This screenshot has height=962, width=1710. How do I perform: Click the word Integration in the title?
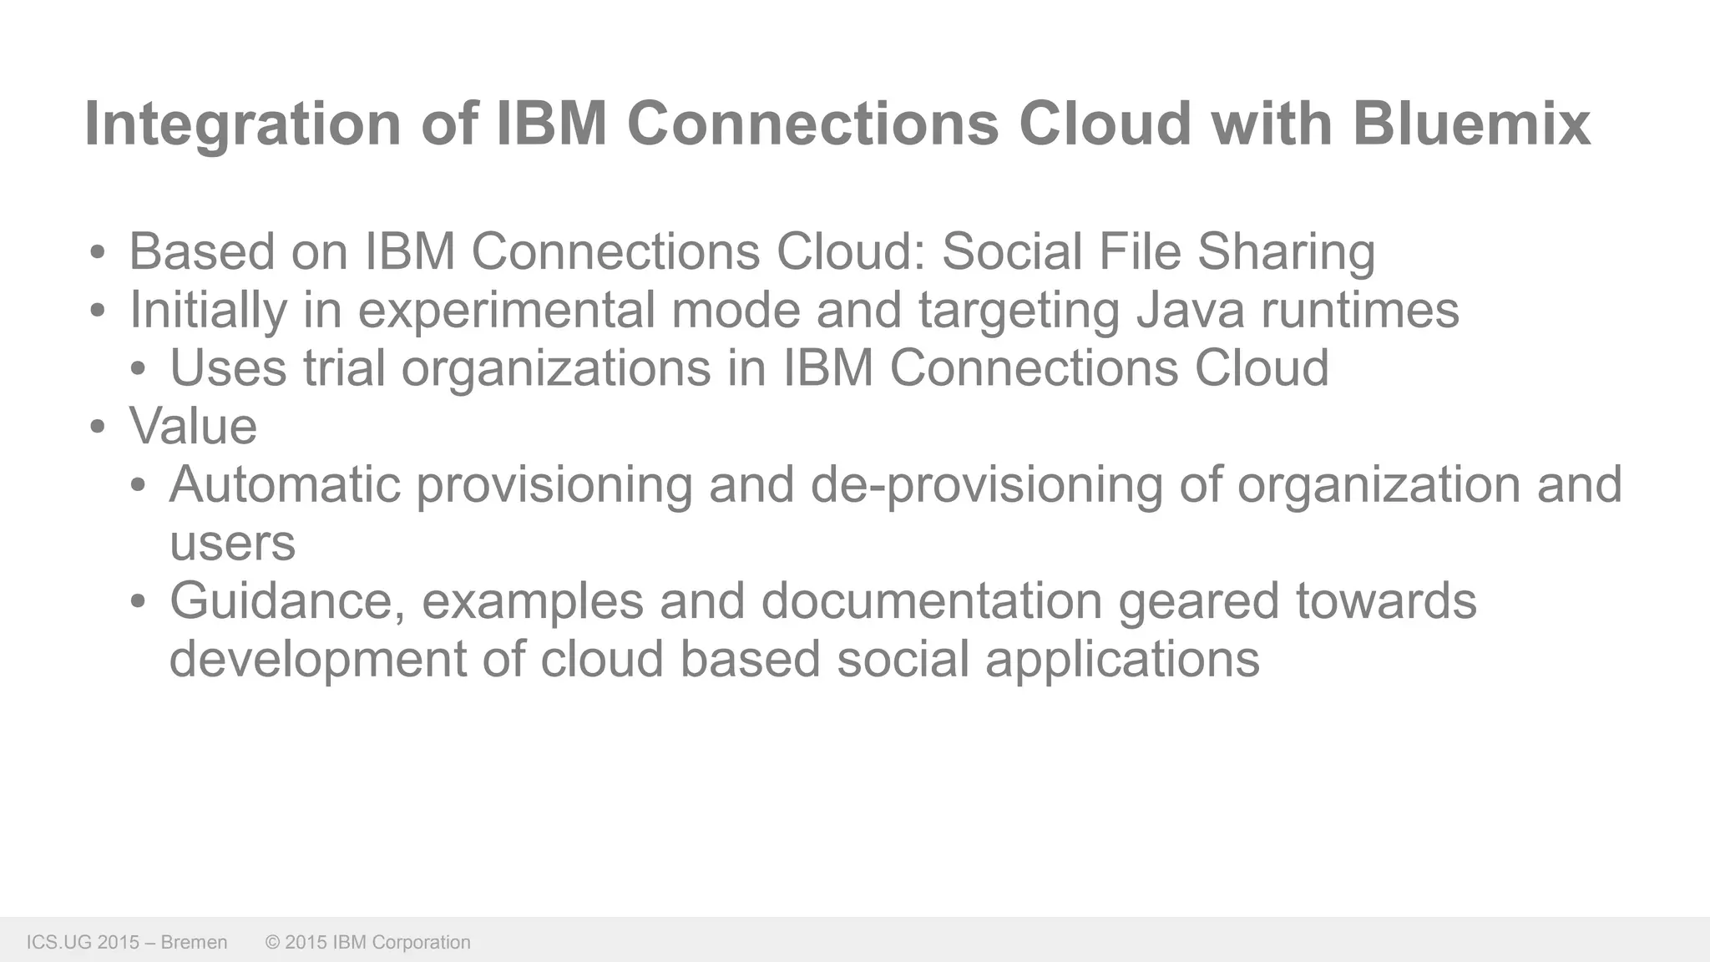(243, 124)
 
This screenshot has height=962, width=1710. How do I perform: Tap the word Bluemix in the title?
(1471, 124)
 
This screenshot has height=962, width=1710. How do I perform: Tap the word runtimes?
(1360, 310)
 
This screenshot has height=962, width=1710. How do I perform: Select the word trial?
(343, 368)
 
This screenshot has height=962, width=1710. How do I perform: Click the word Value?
(193, 427)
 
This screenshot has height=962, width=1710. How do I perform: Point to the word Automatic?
(285, 484)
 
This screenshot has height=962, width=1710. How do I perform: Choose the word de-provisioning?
(986, 485)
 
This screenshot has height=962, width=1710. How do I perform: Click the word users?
(232, 543)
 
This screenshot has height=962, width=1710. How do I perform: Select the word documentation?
(931, 601)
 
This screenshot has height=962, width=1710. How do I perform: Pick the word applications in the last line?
(1122, 660)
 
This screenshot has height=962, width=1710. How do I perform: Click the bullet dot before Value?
(98, 428)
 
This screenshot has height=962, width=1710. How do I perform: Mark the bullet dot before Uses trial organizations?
(139, 370)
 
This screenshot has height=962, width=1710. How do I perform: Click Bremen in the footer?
(194, 943)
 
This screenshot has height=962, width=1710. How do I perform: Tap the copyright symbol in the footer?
(272, 943)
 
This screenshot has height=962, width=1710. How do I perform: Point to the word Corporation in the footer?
(421, 943)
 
